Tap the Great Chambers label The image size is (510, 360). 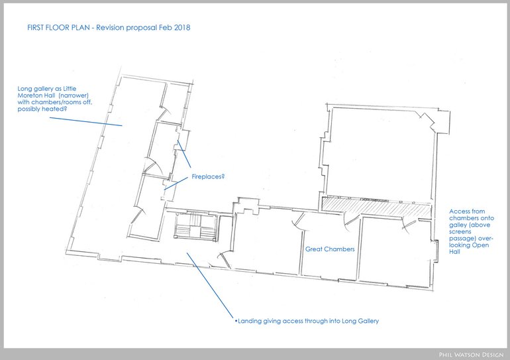point(330,250)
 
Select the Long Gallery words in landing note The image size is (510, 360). point(358,322)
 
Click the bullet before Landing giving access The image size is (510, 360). point(236,322)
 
